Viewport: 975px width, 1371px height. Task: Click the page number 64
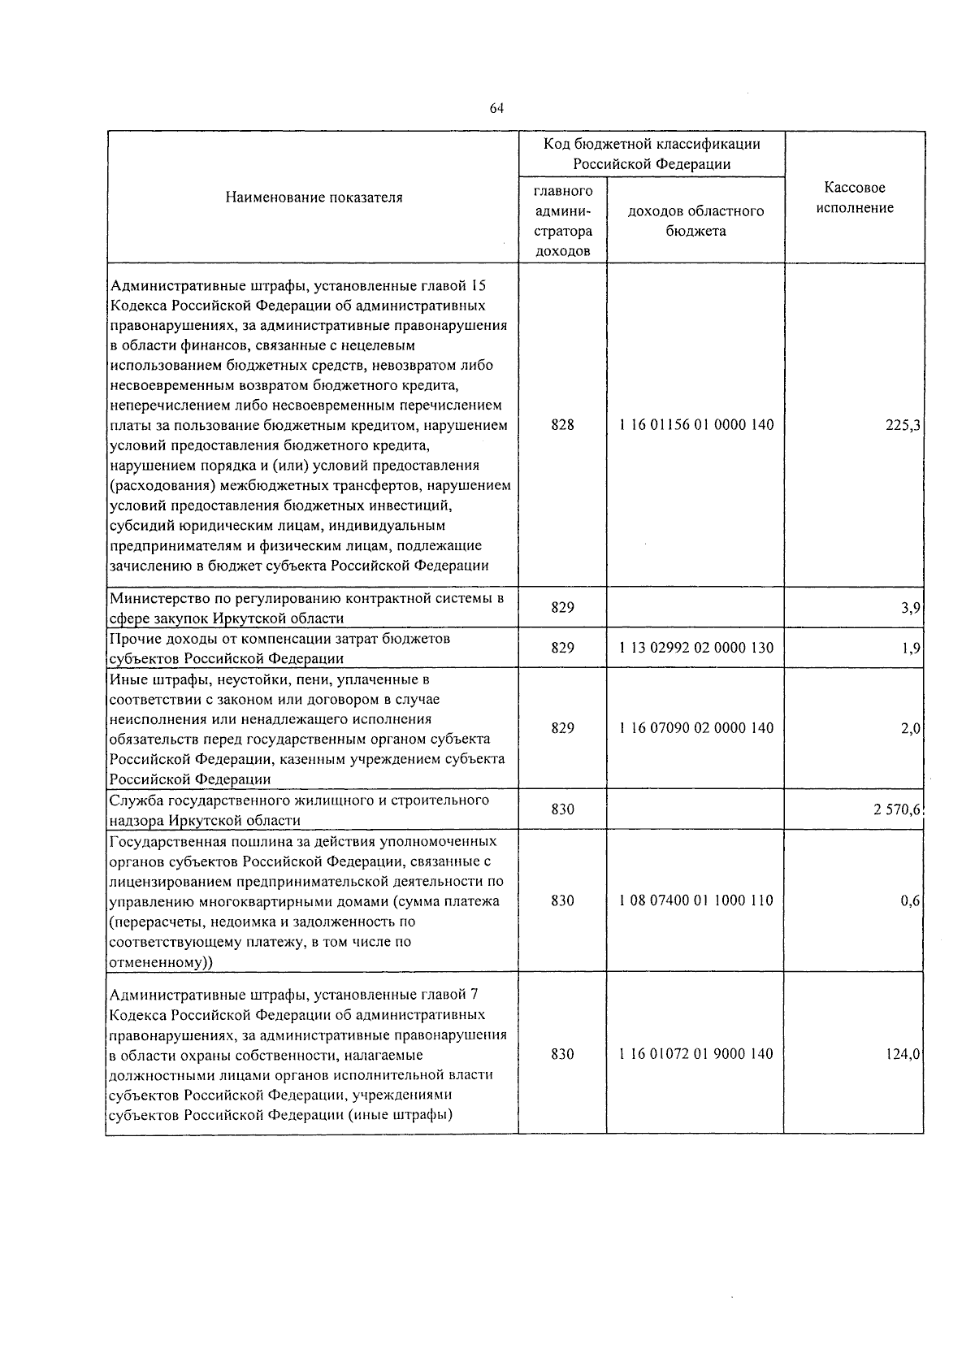(x=497, y=108)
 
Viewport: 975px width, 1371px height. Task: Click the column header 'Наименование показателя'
(x=314, y=197)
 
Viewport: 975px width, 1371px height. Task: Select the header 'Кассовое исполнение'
(x=854, y=197)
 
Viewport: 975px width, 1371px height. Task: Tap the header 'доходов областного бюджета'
(x=695, y=221)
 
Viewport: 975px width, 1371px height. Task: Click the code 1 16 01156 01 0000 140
(x=695, y=425)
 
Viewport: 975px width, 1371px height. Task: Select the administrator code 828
(x=562, y=425)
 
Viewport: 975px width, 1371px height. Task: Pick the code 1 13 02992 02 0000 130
(x=695, y=648)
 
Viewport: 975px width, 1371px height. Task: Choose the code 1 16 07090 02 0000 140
(x=695, y=728)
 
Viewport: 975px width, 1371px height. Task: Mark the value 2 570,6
(x=897, y=809)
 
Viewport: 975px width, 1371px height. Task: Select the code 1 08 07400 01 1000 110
(x=695, y=900)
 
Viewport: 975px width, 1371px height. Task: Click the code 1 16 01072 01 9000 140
(x=695, y=1054)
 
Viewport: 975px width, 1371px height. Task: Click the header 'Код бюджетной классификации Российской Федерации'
(x=652, y=154)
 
